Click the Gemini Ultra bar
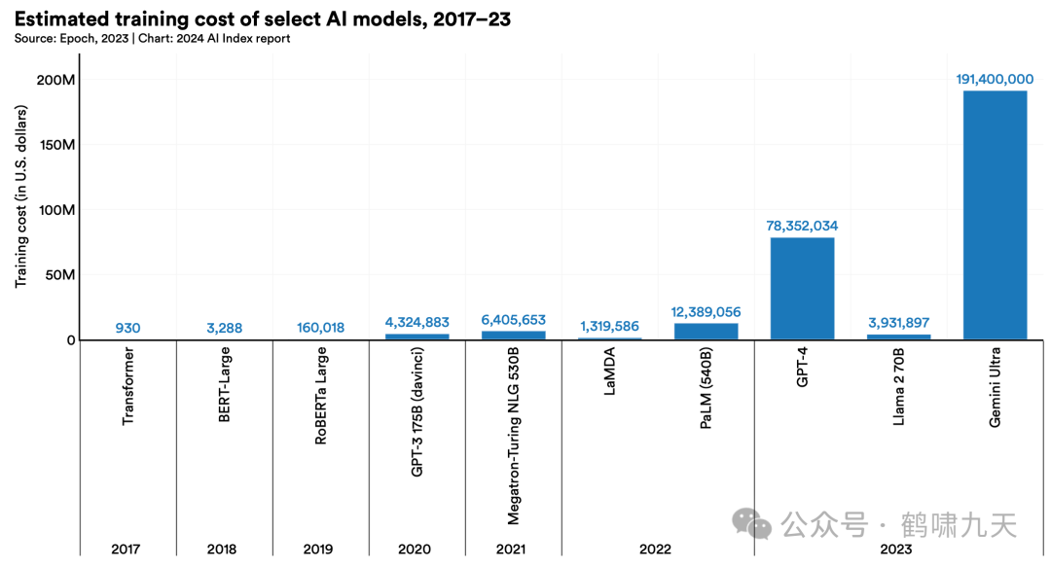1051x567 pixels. pyautogui.click(x=995, y=215)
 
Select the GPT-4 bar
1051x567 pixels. pyautogui.click(x=802, y=289)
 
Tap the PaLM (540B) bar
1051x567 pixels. pyautogui.click(x=706, y=332)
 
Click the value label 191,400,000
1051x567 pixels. pyautogui.click(x=995, y=79)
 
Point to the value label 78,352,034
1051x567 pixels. pyautogui.click(x=802, y=226)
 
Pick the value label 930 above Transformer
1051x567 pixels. pyautogui.click(x=127, y=328)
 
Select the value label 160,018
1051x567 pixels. pyautogui.click(x=320, y=328)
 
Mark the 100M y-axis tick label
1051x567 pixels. pyautogui.click(x=56, y=210)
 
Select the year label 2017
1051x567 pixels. pyautogui.click(x=126, y=549)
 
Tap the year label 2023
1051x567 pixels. pyautogui.click(x=897, y=549)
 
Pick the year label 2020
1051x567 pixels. pyautogui.click(x=415, y=549)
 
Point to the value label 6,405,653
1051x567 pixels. pyautogui.click(x=513, y=319)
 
